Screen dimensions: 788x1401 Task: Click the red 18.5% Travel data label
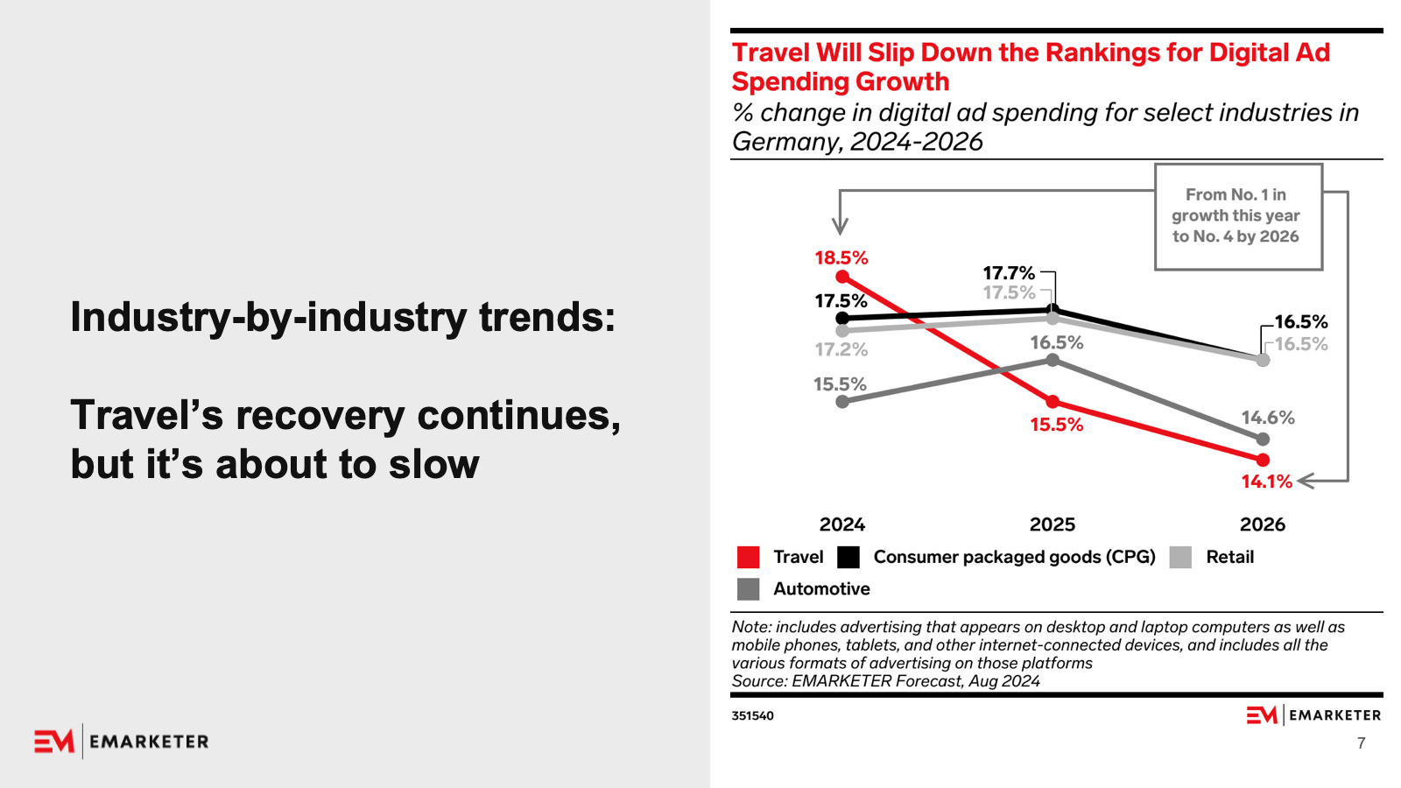click(x=841, y=257)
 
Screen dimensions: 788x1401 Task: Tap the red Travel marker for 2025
click(x=1053, y=402)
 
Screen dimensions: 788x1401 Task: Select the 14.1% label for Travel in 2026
click(x=1266, y=482)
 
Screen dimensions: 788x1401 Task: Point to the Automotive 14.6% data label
click(x=1267, y=418)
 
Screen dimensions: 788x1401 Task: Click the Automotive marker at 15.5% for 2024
click(x=842, y=402)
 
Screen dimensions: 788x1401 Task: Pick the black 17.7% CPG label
click(x=1008, y=273)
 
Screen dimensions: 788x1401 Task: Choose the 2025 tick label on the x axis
click(x=1052, y=524)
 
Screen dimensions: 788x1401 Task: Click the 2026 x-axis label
click(x=1262, y=524)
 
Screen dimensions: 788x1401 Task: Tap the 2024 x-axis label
click(x=841, y=524)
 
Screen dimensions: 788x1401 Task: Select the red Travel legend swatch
click(x=749, y=558)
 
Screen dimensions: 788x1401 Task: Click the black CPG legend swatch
click(x=848, y=558)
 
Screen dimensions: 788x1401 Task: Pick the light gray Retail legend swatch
click(x=1180, y=558)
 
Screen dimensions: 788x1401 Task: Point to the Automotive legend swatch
click(x=749, y=589)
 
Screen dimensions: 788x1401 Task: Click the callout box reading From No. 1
click(x=1237, y=216)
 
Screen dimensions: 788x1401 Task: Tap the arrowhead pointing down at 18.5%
click(x=840, y=228)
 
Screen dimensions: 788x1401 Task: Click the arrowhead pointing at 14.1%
click(x=1304, y=481)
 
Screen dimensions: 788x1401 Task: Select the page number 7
click(x=1361, y=743)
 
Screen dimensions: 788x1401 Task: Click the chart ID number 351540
click(x=752, y=715)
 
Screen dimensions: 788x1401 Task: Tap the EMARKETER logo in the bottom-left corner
click(x=122, y=742)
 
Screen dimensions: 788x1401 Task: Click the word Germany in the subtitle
click(x=785, y=142)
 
